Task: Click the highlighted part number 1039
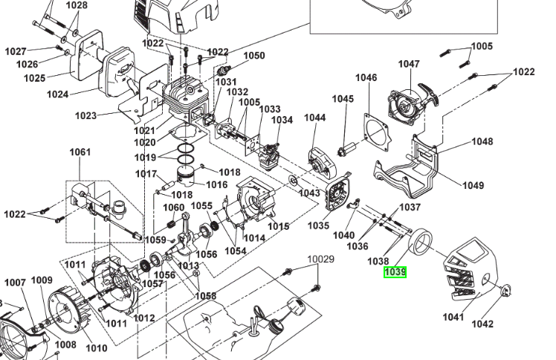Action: point(395,272)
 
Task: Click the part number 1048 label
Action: point(482,141)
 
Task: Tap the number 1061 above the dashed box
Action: point(80,152)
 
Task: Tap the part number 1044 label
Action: point(315,118)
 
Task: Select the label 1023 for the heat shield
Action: point(86,116)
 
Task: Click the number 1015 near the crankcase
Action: point(278,226)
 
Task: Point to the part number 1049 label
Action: point(473,185)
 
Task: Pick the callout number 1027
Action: point(16,51)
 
